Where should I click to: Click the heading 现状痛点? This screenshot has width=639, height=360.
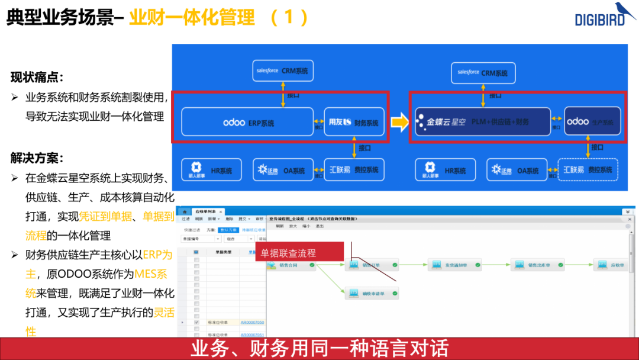(x=37, y=77)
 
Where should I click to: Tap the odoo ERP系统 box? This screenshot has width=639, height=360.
(x=247, y=123)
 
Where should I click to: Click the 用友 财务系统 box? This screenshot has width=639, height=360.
(x=354, y=123)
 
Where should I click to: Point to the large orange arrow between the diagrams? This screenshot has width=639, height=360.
(x=401, y=123)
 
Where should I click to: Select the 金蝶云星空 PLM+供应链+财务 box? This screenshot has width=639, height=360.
(x=482, y=121)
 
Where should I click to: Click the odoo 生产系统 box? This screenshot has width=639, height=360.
(x=592, y=121)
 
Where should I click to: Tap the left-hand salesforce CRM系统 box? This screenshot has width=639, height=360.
(x=283, y=71)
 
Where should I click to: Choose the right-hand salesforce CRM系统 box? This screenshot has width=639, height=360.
(x=482, y=72)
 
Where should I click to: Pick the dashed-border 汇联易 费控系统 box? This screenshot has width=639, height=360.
(x=588, y=170)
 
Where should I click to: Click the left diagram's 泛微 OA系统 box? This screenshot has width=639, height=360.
(x=283, y=170)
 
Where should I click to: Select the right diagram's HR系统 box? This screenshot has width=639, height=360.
(x=444, y=170)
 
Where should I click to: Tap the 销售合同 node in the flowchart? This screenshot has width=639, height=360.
(x=290, y=265)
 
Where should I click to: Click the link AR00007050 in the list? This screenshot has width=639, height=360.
(x=252, y=323)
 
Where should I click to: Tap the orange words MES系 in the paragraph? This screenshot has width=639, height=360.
(x=151, y=274)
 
